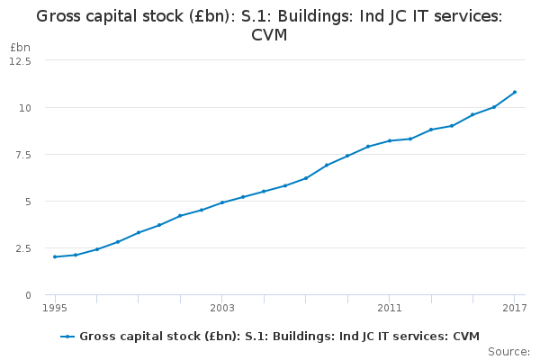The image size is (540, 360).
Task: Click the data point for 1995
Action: point(55,256)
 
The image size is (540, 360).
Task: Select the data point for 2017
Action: point(515,92)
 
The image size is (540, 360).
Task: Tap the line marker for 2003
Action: point(222,202)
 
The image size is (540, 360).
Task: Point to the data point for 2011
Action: point(390,140)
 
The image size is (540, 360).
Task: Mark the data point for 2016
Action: point(494,107)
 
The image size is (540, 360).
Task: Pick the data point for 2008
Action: point(327,166)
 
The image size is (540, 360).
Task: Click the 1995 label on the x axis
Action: point(55,309)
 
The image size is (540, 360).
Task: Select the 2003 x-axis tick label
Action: point(222,309)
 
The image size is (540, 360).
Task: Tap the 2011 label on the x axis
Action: point(390,309)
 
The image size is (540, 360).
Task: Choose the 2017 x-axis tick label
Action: point(515,309)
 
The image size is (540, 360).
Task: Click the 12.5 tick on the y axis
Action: point(20,60)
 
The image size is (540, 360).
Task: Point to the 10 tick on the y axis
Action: point(24,107)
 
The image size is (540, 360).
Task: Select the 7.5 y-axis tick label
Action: point(22,154)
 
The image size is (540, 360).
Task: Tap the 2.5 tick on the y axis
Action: point(22,248)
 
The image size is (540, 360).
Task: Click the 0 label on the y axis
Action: point(28,295)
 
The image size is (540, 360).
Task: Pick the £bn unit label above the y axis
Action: point(20,47)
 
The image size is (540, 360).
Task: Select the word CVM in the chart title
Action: point(269,34)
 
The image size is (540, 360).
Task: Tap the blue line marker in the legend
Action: point(67,337)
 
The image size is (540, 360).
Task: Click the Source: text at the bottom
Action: point(508,351)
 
